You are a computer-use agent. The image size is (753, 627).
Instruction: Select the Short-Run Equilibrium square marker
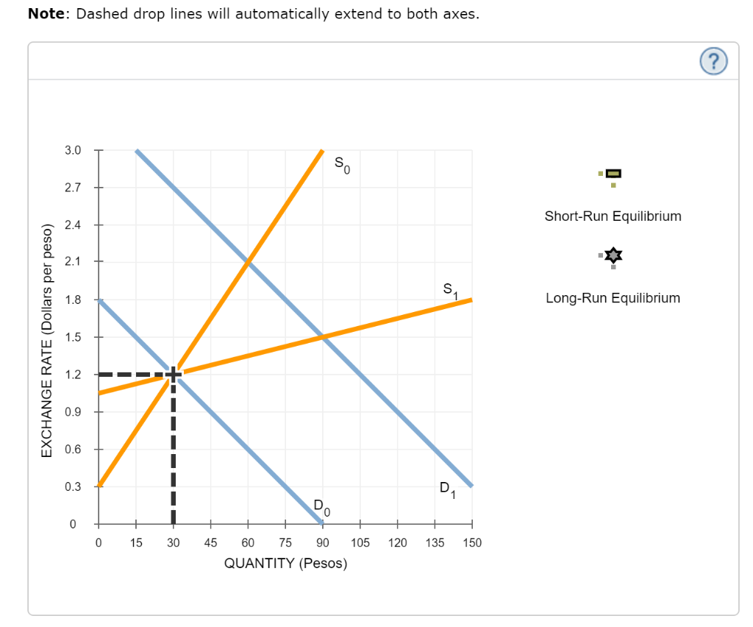[x=614, y=174]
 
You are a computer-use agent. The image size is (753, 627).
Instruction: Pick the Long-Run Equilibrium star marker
[x=614, y=255]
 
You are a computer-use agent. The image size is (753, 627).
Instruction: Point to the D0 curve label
[x=321, y=506]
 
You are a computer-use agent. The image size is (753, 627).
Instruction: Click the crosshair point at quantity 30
[x=173, y=374]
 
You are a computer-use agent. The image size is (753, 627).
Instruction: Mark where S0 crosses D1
[x=248, y=262]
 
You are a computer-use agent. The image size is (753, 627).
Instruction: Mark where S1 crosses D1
[x=322, y=337]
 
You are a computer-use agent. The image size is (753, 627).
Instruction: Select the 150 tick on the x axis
[x=471, y=542]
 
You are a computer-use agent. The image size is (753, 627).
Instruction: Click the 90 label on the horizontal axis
[x=322, y=542]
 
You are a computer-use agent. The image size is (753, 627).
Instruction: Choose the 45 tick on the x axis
[x=210, y=542]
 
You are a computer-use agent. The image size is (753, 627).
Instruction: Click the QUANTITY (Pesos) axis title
[x=285, y=564]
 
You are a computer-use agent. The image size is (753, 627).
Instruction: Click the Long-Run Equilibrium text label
[x=613, y=298]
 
